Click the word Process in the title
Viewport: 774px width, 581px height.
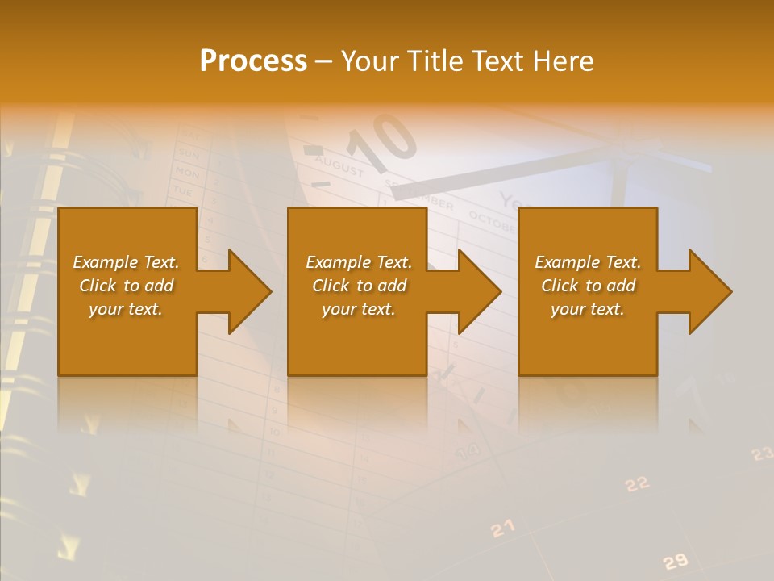pyautogui.click(x=253, y=61)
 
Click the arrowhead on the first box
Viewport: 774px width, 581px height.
pyautogui.click(x=246, y=291)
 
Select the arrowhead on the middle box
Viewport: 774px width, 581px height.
pyautogui.click(x=476, y=291)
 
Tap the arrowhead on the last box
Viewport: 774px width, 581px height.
pyautogui.click(x=707, y=291)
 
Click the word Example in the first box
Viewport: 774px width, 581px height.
pyautogui.click(x=105, y=262)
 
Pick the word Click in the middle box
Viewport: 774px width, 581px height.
pyautogui.click(x=330, y=286)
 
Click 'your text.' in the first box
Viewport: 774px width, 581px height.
pyautogui.click(x=126, y=309)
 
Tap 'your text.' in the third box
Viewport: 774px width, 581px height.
pyautogui.click(x=588, y=309)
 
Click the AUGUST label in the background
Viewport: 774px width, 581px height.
pyautogui.click(x=339, y=166)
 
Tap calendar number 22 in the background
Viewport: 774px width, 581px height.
pyautogui.click(x=638, y=483)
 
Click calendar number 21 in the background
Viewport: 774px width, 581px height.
pyautogui.click(x=502, y=529)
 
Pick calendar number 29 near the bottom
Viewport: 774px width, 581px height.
pyautogui.click(x=675, y=561)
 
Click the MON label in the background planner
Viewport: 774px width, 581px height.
pyautogui.click(x=187, y=173)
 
